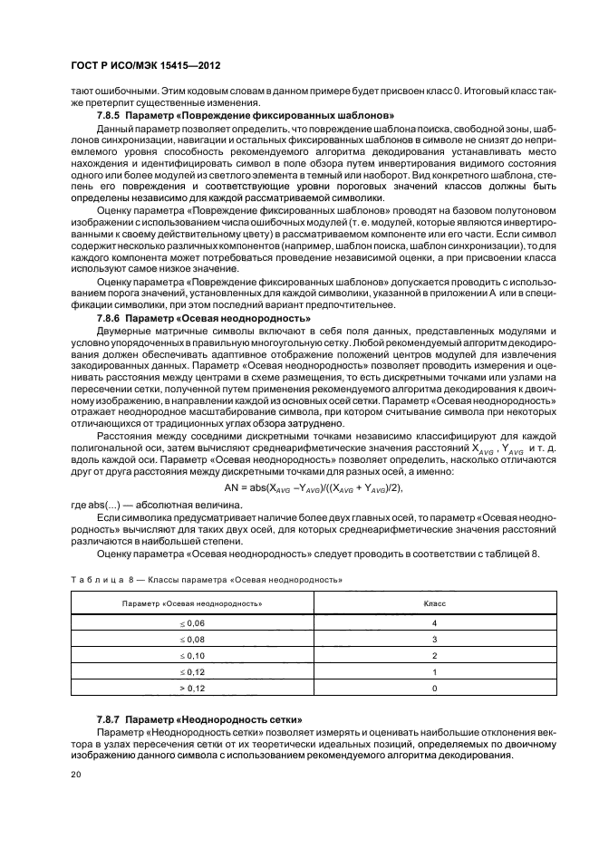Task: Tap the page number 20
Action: [x=77, y=776]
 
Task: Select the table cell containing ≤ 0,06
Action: [x=193, y=623]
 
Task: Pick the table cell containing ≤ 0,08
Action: [x=193, y=639]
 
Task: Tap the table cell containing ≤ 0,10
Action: [x=193, y=655]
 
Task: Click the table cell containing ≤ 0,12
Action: [x=193, y=671]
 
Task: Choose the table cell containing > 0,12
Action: [x=193, y=688]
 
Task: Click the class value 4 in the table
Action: [x=435, y=623]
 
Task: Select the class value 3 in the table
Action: [x=435, y=639]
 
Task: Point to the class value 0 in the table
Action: [x=435, y=688]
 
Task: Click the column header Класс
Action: [x=435, y=602]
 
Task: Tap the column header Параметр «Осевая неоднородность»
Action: [x=193, y=602]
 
